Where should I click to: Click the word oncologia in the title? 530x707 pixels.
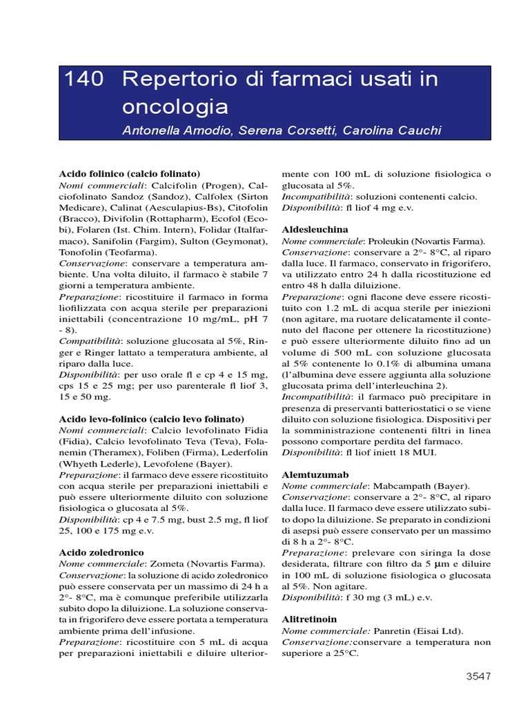(x=175, y=106)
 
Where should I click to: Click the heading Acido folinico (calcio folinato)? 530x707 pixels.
(x=130, y=173)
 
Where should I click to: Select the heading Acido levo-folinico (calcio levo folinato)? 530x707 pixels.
(x=152, y=419)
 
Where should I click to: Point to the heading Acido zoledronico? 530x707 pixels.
(x=101, y=552)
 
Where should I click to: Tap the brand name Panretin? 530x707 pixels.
(x=393, y=630)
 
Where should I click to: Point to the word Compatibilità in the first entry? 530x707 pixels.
(x=89, y=341)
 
